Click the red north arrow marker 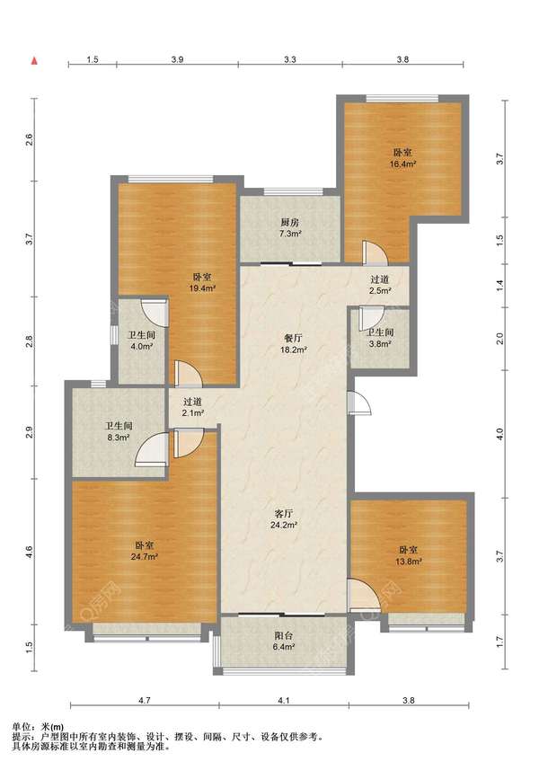pos(34,61)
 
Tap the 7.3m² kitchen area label pos(289,234)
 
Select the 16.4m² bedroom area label pos(402,164)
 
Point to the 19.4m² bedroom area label pos(203,288)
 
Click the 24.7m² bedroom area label pos(145,557)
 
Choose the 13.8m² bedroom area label pos(409,562)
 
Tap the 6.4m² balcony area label pos(284,647)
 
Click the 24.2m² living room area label pos(284,525)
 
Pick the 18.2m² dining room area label pos(294,350)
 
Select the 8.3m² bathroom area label pos(119,437)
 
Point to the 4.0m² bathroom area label pos(142,346)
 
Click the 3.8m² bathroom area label pos(380,344)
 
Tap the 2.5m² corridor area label pos(380,290)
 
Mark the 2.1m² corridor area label pos(193,413)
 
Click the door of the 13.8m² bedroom pos(364,596)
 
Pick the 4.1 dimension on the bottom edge pos(284,701)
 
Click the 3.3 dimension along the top pos(289,59)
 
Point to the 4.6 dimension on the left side pos(30,552)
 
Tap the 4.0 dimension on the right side pos(499,434)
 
